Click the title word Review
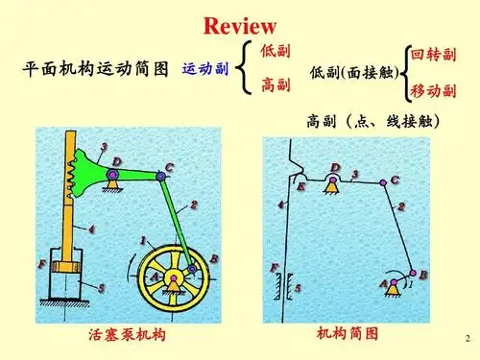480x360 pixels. click(240, 25)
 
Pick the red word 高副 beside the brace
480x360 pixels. click(276, 85)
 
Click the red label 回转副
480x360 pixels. click(433, 55)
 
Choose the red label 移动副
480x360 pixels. click(433, 92)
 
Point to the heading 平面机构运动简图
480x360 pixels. click(95, 69)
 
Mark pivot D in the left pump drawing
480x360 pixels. click(112, 175)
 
